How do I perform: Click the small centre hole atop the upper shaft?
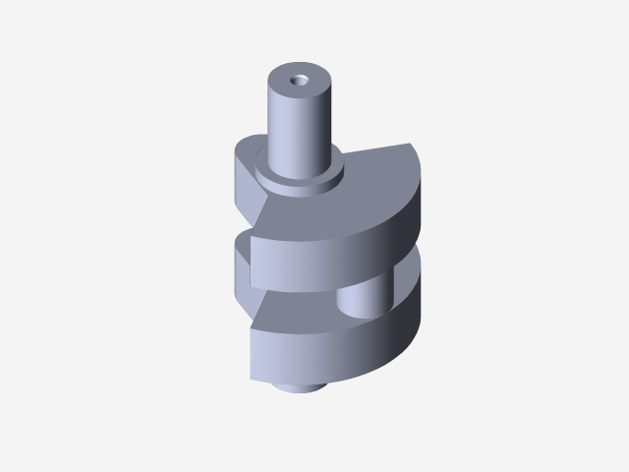pyautogui.click(x=299, y=78)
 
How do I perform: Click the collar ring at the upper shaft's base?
pyautogui.click(x=300, y=180)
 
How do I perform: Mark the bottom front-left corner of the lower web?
pyautogui.click(x=254, y=378)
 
